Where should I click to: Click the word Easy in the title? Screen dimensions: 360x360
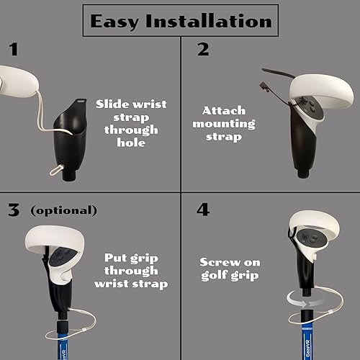point(117,21)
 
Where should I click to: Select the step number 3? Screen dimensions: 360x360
point(14,210)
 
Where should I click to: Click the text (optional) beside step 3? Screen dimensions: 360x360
point(63,210)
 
